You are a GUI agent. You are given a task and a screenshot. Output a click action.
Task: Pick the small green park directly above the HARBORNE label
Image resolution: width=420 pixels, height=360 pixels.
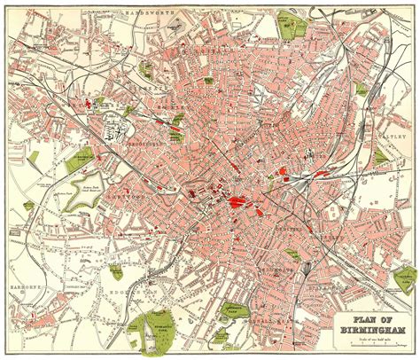[29, 233]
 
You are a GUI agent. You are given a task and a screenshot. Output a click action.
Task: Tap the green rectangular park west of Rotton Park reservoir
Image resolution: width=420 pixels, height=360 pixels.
[34, 160]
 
